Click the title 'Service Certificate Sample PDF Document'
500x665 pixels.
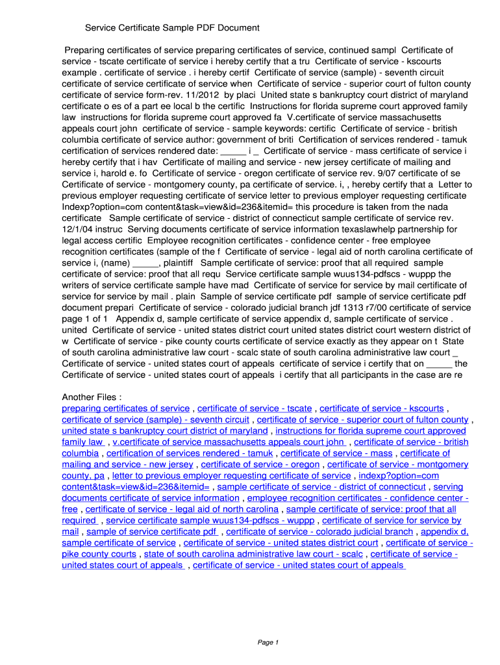click(x=172, y=28)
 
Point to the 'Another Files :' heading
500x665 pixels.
click(x=92, y=397)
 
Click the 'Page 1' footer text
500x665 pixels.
click(x=268, y=642)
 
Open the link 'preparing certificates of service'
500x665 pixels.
click(x=125, y=408)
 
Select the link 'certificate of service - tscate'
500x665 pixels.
click(x=255, y=408)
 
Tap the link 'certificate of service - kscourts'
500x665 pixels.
click(x=382, y=408)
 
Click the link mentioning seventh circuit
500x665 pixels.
click(x=155, y=420)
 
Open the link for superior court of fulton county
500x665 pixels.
click(x=362, y=420)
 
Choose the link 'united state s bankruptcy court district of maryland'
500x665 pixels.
click(x=164, y=431)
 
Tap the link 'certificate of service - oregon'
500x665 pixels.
click(x=260, y=464)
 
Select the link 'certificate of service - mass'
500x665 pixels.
click(x=336, y=453)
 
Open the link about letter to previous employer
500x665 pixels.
click(x=231, y=476)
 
